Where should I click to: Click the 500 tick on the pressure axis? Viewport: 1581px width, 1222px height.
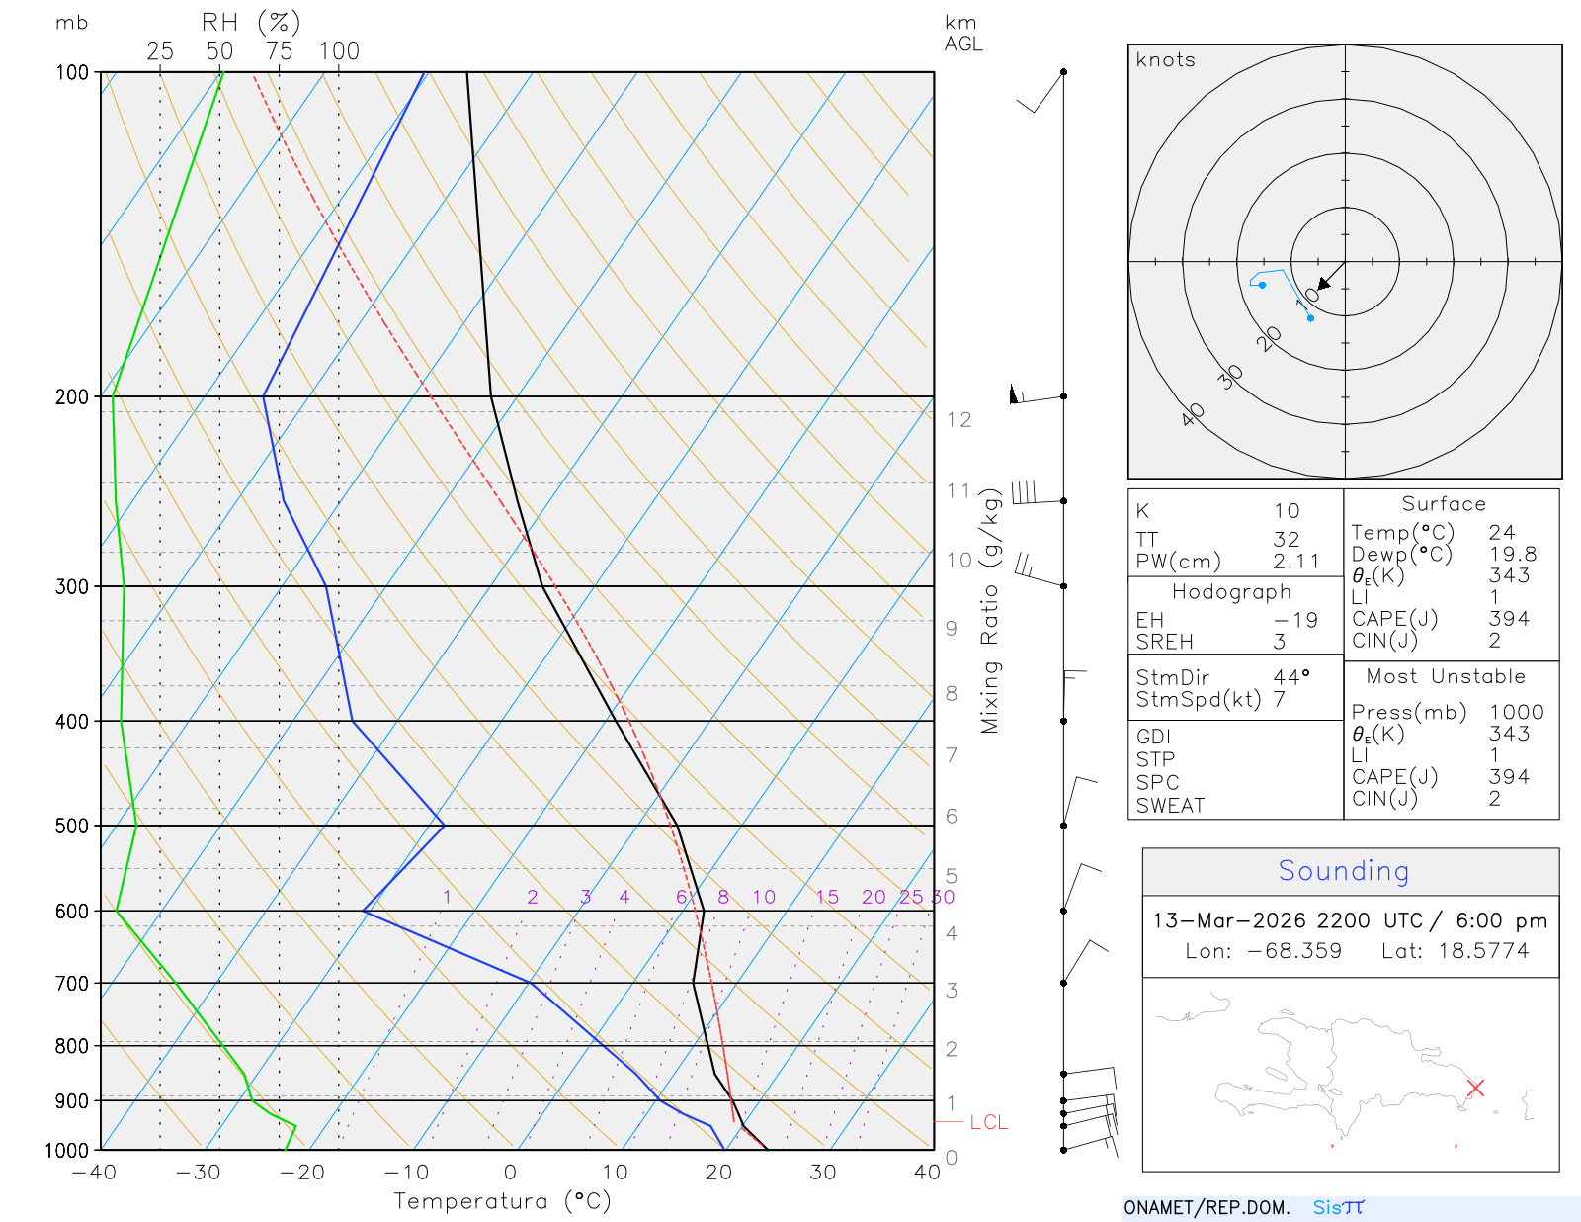(x=72, y=826)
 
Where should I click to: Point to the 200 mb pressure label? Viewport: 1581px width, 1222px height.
(x=72, y=396)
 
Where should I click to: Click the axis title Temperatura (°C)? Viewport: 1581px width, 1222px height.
(x=502, y=1201)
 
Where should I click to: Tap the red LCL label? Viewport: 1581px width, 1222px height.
(x=988, y=1122)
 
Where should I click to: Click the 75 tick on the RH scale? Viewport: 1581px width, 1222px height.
(x=280, y=51)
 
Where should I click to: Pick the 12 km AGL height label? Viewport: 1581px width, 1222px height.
(x=958, y=419)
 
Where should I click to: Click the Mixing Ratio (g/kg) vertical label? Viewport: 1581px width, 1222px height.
(x=990, y=611)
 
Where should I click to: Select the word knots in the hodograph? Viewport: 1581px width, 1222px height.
(x=1166, y=60)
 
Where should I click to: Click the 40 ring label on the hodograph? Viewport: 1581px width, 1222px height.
(x=1193, y=414)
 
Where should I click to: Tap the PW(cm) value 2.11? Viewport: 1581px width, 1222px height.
(x=1296, y=562)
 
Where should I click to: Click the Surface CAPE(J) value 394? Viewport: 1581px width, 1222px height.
(x=1509, y=619)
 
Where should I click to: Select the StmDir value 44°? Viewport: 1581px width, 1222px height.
(x=1290, y=677)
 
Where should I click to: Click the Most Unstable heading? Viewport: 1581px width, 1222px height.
(x=1446, y=677)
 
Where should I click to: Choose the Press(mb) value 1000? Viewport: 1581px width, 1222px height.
(x=1516, y=712)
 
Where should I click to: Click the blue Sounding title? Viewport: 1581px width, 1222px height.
(x=1344, y=871)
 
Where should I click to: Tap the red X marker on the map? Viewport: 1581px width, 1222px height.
(x=1475, y=1088)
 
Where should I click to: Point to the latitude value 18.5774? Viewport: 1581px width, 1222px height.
(x=1483, y=951)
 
